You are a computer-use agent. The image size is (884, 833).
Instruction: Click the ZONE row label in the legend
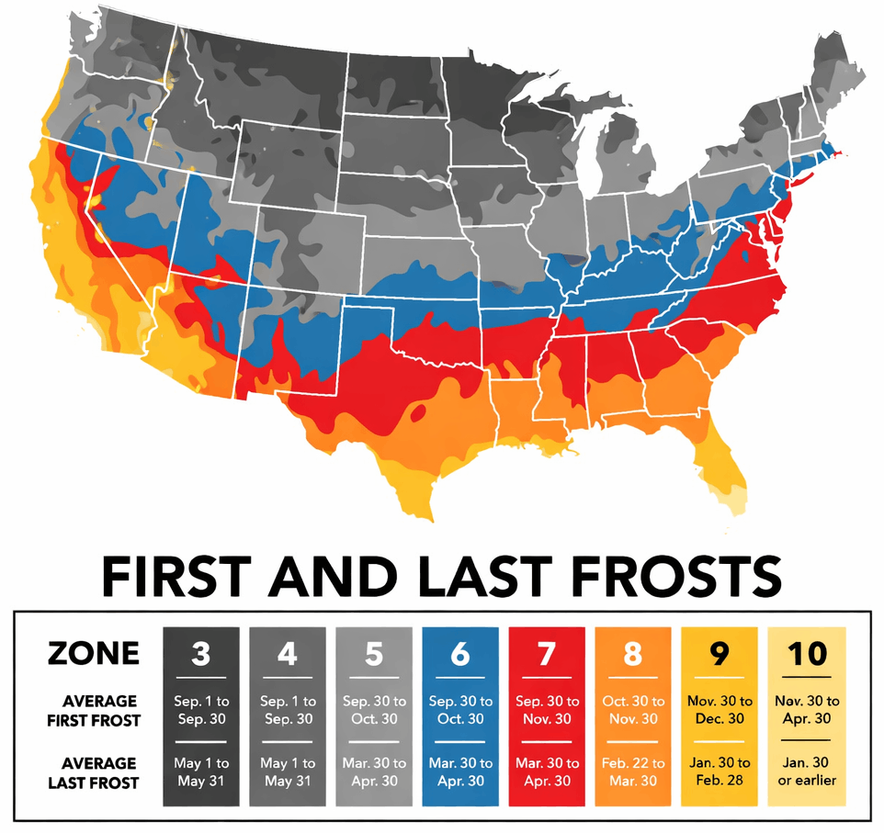tap(94, 653)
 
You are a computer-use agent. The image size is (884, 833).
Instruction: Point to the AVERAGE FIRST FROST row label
tap(95, 710)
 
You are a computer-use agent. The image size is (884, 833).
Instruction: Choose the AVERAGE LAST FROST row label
tap(95, 772)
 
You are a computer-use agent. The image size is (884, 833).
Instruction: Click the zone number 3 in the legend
tap(200, 654)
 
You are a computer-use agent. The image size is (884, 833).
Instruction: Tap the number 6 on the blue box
tap(460, 654)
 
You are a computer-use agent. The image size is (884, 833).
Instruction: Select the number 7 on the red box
tap(547, 654)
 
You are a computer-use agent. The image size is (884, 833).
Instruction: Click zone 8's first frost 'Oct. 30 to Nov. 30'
tap(633, 710)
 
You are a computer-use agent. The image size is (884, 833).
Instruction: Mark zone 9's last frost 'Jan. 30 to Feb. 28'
tap(719, 771)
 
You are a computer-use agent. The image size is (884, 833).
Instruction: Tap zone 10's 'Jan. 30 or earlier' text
tap(805, 771)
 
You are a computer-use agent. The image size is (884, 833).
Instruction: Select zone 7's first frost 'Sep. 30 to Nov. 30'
tap(547, 710)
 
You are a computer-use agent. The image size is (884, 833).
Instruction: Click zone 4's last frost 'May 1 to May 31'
tap(287, 771)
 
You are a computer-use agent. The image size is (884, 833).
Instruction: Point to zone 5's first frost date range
tap(373, 710)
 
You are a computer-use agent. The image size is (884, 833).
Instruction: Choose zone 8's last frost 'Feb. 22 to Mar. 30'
tap(633, 771)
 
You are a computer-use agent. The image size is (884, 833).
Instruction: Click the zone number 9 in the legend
tap(719, 654)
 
